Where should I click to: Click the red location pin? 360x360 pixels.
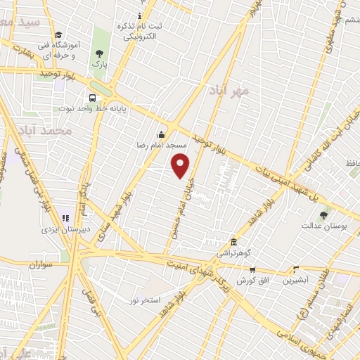181,165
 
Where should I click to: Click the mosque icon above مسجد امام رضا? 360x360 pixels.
162,135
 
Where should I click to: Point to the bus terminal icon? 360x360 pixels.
92,98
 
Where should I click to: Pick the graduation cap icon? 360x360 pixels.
59,34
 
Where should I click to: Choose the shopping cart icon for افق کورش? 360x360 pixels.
252,270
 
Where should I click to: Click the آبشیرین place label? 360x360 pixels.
295,281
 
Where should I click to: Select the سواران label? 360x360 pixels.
42,266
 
